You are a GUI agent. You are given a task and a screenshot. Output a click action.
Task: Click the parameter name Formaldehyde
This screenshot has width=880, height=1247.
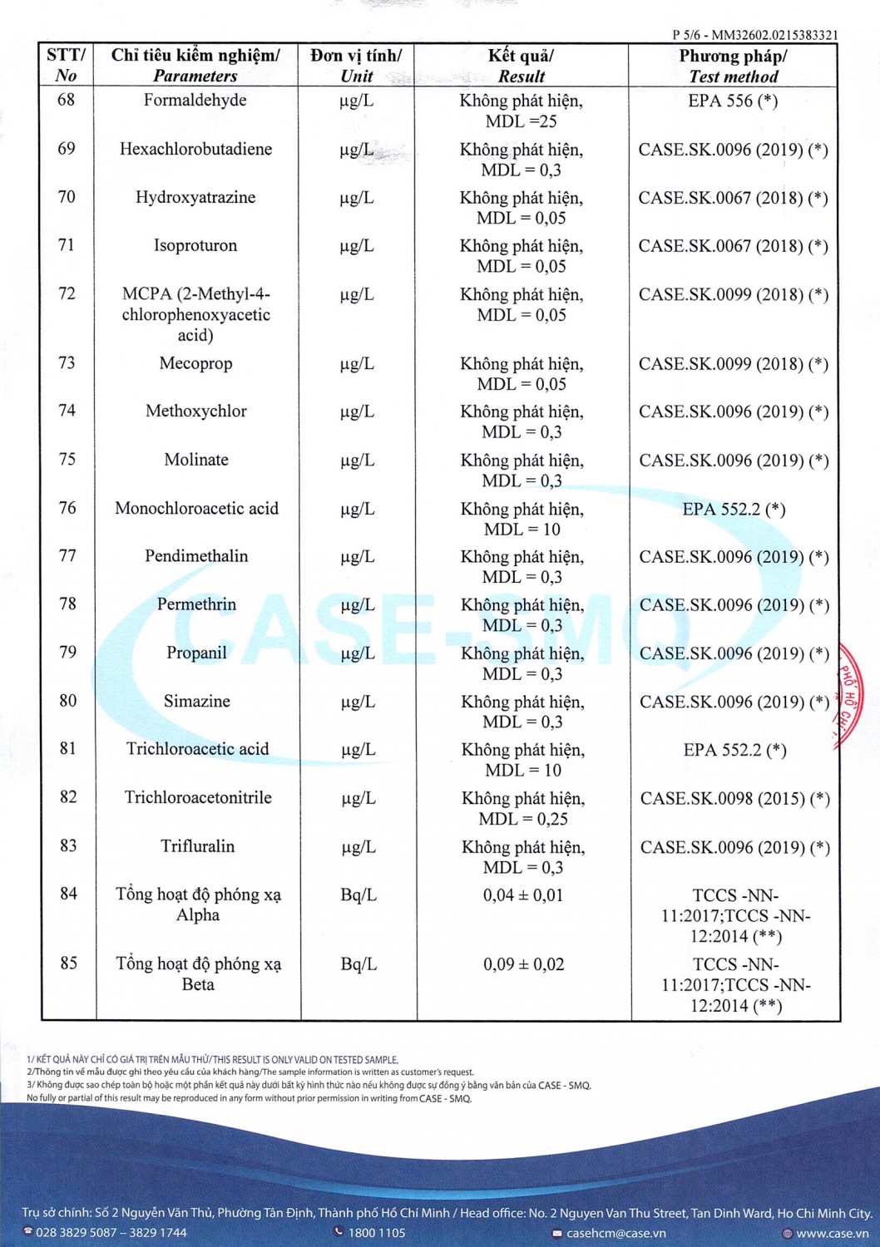(x=195, y=101)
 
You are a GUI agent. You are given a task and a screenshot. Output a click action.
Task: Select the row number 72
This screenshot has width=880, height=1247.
(x=67, y=293)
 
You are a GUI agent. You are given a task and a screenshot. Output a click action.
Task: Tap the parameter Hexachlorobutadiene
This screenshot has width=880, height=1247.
(x=195, y=149)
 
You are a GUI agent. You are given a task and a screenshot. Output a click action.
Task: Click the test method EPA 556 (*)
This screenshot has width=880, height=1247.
(x=733, y=101)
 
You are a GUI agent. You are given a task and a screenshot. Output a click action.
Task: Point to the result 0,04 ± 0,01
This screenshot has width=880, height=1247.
(x=523, y=895)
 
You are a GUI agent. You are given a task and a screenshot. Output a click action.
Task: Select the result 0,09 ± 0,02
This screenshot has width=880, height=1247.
(x=523, y=964)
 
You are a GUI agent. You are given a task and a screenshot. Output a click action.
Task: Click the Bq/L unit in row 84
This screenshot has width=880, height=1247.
(x=358, y=895)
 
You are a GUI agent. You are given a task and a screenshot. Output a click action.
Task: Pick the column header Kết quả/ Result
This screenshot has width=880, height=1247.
(x=522, y=66)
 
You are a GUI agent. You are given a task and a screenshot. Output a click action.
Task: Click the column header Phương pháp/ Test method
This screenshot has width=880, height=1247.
(x=733, y=66)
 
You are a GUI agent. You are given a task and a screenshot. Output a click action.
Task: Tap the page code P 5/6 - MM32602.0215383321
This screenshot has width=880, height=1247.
(x=754, y=35)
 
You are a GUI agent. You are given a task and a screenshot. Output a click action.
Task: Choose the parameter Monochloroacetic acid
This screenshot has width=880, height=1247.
(x=196, y=508)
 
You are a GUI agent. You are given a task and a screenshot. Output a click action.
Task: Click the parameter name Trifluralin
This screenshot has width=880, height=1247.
(x=197, y=846)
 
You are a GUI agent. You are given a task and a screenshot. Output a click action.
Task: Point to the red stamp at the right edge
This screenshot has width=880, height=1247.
(x=850, y=694)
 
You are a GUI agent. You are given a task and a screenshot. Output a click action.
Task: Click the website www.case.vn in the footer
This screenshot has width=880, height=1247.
(x=832, y=1233)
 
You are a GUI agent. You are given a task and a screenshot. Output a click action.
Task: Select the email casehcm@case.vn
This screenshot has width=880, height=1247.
(x=616, y=1233)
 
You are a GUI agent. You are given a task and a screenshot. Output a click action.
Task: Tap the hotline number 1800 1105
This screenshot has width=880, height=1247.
(x=376, y=1233)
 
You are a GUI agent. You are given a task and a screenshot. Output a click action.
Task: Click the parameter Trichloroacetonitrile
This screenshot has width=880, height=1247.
(x=198, y=797)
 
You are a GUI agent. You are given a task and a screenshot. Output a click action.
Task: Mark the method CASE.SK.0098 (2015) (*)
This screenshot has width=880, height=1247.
(x=734, y=798)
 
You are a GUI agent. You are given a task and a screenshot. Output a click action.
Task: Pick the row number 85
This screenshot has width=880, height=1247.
(x=68, y=963)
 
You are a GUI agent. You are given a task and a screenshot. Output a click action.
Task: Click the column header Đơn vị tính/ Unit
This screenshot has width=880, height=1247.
(x=356, y=66)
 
